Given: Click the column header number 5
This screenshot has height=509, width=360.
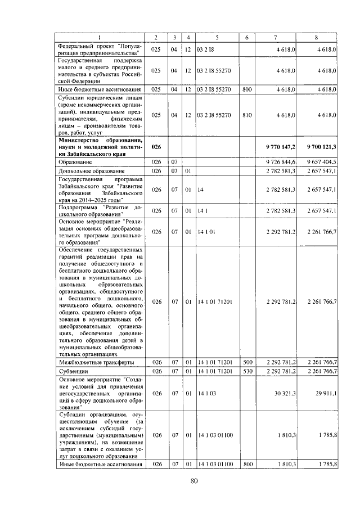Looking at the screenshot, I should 217,38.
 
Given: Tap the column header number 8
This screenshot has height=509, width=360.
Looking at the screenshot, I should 317,38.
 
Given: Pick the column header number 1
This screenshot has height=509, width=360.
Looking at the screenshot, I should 100,38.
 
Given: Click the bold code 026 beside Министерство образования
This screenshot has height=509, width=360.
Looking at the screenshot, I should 157,146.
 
